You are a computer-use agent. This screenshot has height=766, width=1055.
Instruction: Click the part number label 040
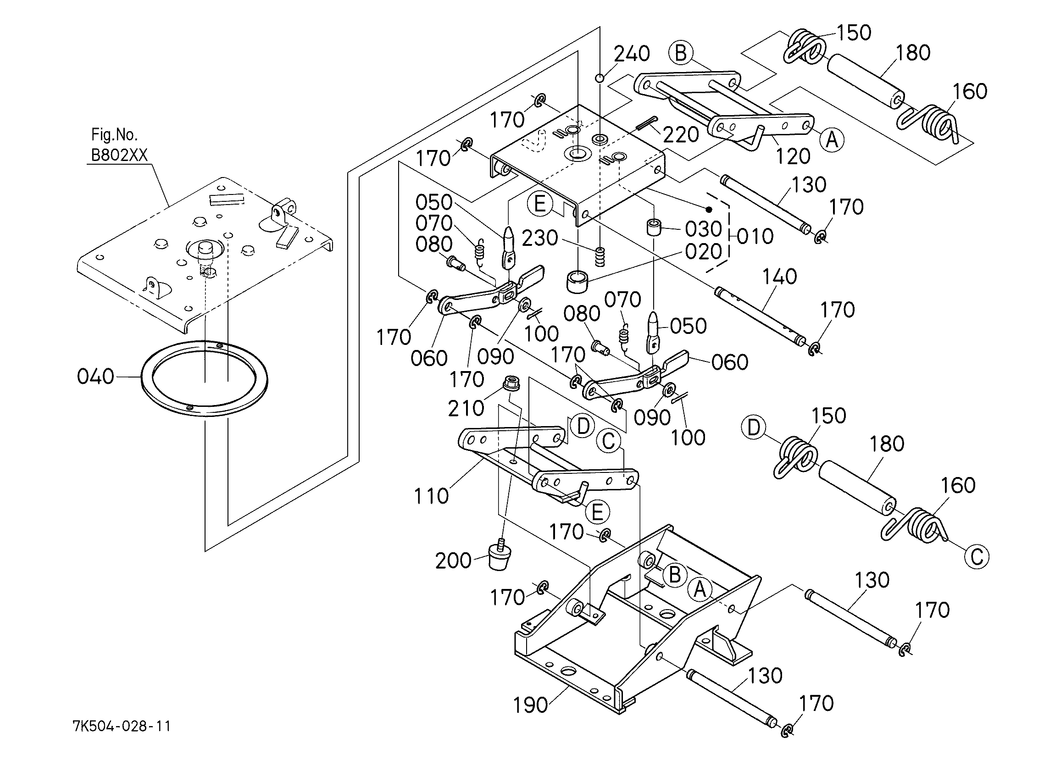tap(95, 376)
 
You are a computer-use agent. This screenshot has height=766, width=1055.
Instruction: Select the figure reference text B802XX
tap(119, 155)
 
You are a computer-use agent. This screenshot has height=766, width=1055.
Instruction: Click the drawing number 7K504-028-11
tap(122, 726)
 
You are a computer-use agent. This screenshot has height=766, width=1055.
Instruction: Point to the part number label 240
tap(632, 54)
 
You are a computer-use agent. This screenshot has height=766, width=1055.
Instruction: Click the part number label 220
tap(681, 135)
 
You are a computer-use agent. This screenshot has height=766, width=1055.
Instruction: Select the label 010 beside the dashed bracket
tap(755, 237)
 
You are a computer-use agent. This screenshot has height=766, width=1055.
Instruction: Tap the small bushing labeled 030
tap(654, 228)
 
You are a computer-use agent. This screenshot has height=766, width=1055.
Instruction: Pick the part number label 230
tap(540, 238)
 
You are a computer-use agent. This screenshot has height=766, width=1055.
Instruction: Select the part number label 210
tap(466, 408)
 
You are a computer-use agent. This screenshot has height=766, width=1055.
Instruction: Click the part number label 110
tap(432, 496)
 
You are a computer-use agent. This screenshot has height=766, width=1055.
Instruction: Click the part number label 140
tap(780, 277)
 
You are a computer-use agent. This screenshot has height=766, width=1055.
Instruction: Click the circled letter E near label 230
tap(539, 204)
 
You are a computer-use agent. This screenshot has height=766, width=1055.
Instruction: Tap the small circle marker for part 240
tap(600, 78)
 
